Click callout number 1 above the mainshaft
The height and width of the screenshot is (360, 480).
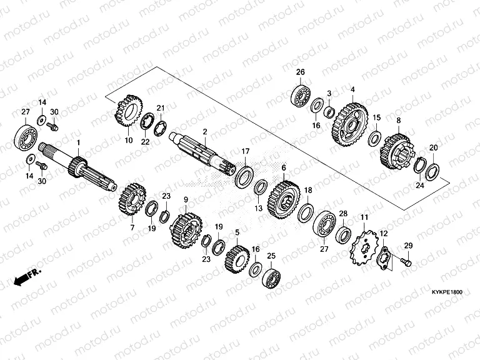tap(79, 144)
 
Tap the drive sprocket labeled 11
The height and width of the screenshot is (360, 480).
tap(362, 249)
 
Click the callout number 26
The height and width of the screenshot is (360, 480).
tap(300, 72)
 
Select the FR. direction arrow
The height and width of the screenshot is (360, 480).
tap(24, 277)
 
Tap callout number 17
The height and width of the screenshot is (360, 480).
tap(246, 151)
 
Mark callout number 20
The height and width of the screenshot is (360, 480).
tap(434, 147)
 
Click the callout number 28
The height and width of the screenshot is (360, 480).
tap(342, 214)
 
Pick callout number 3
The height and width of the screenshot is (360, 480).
tap(329, 93)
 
